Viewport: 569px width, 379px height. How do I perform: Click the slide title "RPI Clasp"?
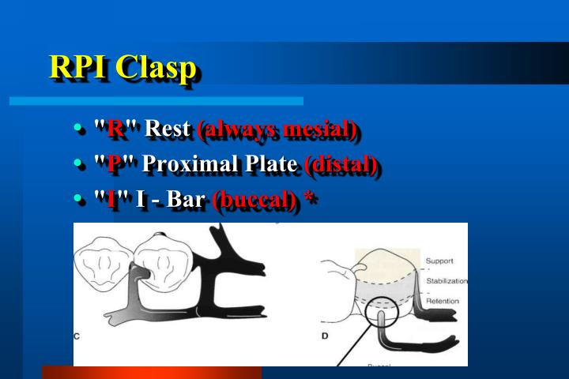[122, 67]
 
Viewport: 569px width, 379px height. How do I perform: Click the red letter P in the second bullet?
[114, 164]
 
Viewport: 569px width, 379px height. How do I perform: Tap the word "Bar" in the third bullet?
[186, 201]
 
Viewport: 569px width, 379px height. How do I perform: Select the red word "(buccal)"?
[256, 201]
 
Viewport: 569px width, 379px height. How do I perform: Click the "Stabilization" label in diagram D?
[447, 280]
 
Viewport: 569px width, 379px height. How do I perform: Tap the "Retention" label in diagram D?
[443, 301]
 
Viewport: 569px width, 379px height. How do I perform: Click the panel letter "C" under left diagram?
[77, 336]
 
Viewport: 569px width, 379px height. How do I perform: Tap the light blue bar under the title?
[156, 101]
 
